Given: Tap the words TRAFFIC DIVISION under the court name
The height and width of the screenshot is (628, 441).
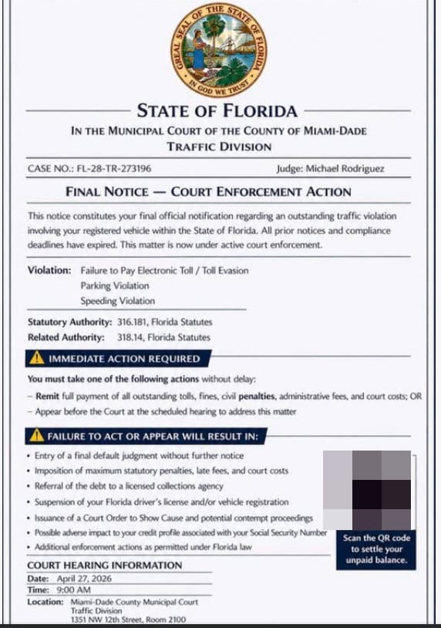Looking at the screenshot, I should (x=220, y=147).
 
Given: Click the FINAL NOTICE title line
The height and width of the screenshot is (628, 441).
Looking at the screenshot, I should (x=208, y=191).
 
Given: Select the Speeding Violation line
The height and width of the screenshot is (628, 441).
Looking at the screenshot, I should (x=117, y=301).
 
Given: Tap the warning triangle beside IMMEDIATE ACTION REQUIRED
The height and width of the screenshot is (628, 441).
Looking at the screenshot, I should (x=35, y=359).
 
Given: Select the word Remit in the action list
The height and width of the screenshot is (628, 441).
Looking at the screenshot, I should (x=47, y=396).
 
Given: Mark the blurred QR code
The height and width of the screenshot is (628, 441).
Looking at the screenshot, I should (x=368, y=490).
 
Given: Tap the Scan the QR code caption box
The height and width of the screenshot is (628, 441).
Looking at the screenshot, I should (x=375, y=549).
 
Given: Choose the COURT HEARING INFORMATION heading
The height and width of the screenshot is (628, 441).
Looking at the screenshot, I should (x=105, y=566).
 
